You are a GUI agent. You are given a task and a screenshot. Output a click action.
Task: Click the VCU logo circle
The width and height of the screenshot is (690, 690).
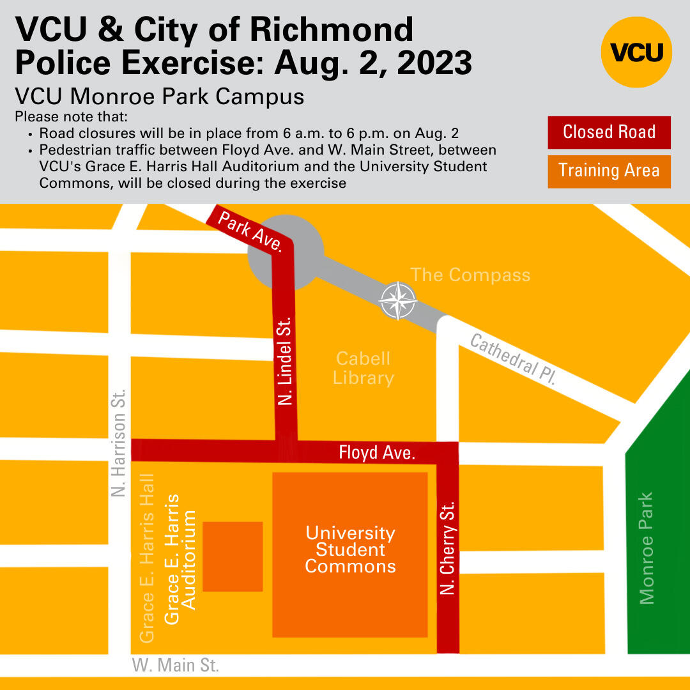click(636, 52)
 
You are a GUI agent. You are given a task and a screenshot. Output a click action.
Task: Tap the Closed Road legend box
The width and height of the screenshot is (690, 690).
click(609, 132)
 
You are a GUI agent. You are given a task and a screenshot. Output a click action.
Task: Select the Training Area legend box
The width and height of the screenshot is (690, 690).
click(609, 171)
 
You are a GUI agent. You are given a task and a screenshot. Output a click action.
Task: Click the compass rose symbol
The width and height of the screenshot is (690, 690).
click(397, 300)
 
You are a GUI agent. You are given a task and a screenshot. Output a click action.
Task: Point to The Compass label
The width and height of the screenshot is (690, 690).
click(470, 275)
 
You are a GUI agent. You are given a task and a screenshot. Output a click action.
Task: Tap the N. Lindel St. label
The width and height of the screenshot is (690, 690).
click(285, 360)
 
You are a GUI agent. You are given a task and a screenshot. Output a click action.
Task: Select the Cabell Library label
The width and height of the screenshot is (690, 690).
click(363, 368)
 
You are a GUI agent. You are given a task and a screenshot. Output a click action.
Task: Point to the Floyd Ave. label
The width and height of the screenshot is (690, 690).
click(377, 454)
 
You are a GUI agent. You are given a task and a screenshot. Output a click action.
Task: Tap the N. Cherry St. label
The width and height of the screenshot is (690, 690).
click(448, 548)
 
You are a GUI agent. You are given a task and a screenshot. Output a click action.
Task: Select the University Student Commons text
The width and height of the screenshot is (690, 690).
click(350, 549)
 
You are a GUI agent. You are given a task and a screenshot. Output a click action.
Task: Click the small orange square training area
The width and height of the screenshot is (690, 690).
click(233, 556)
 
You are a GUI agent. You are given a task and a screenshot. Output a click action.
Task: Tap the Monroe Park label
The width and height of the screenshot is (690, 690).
click(647, 548)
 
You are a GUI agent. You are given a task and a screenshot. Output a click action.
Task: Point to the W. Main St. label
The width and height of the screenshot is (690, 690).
click(175, 665)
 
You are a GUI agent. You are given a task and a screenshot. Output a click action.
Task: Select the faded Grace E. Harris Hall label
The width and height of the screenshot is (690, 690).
click(147, 557)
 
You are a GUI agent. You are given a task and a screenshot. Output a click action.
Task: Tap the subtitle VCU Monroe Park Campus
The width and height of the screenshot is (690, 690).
click(159, 96)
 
